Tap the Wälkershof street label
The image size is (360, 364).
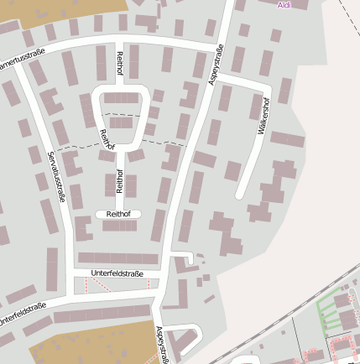click(x=263, y=118)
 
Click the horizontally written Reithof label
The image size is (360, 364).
click(x=117, y=214)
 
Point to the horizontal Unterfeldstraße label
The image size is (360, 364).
click(x=117, y=274)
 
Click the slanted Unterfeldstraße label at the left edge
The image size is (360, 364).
click(x=22, y=314)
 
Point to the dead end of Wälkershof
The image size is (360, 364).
click(x=240, y=195)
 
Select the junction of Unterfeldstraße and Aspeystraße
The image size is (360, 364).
click(x=164, y=275)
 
